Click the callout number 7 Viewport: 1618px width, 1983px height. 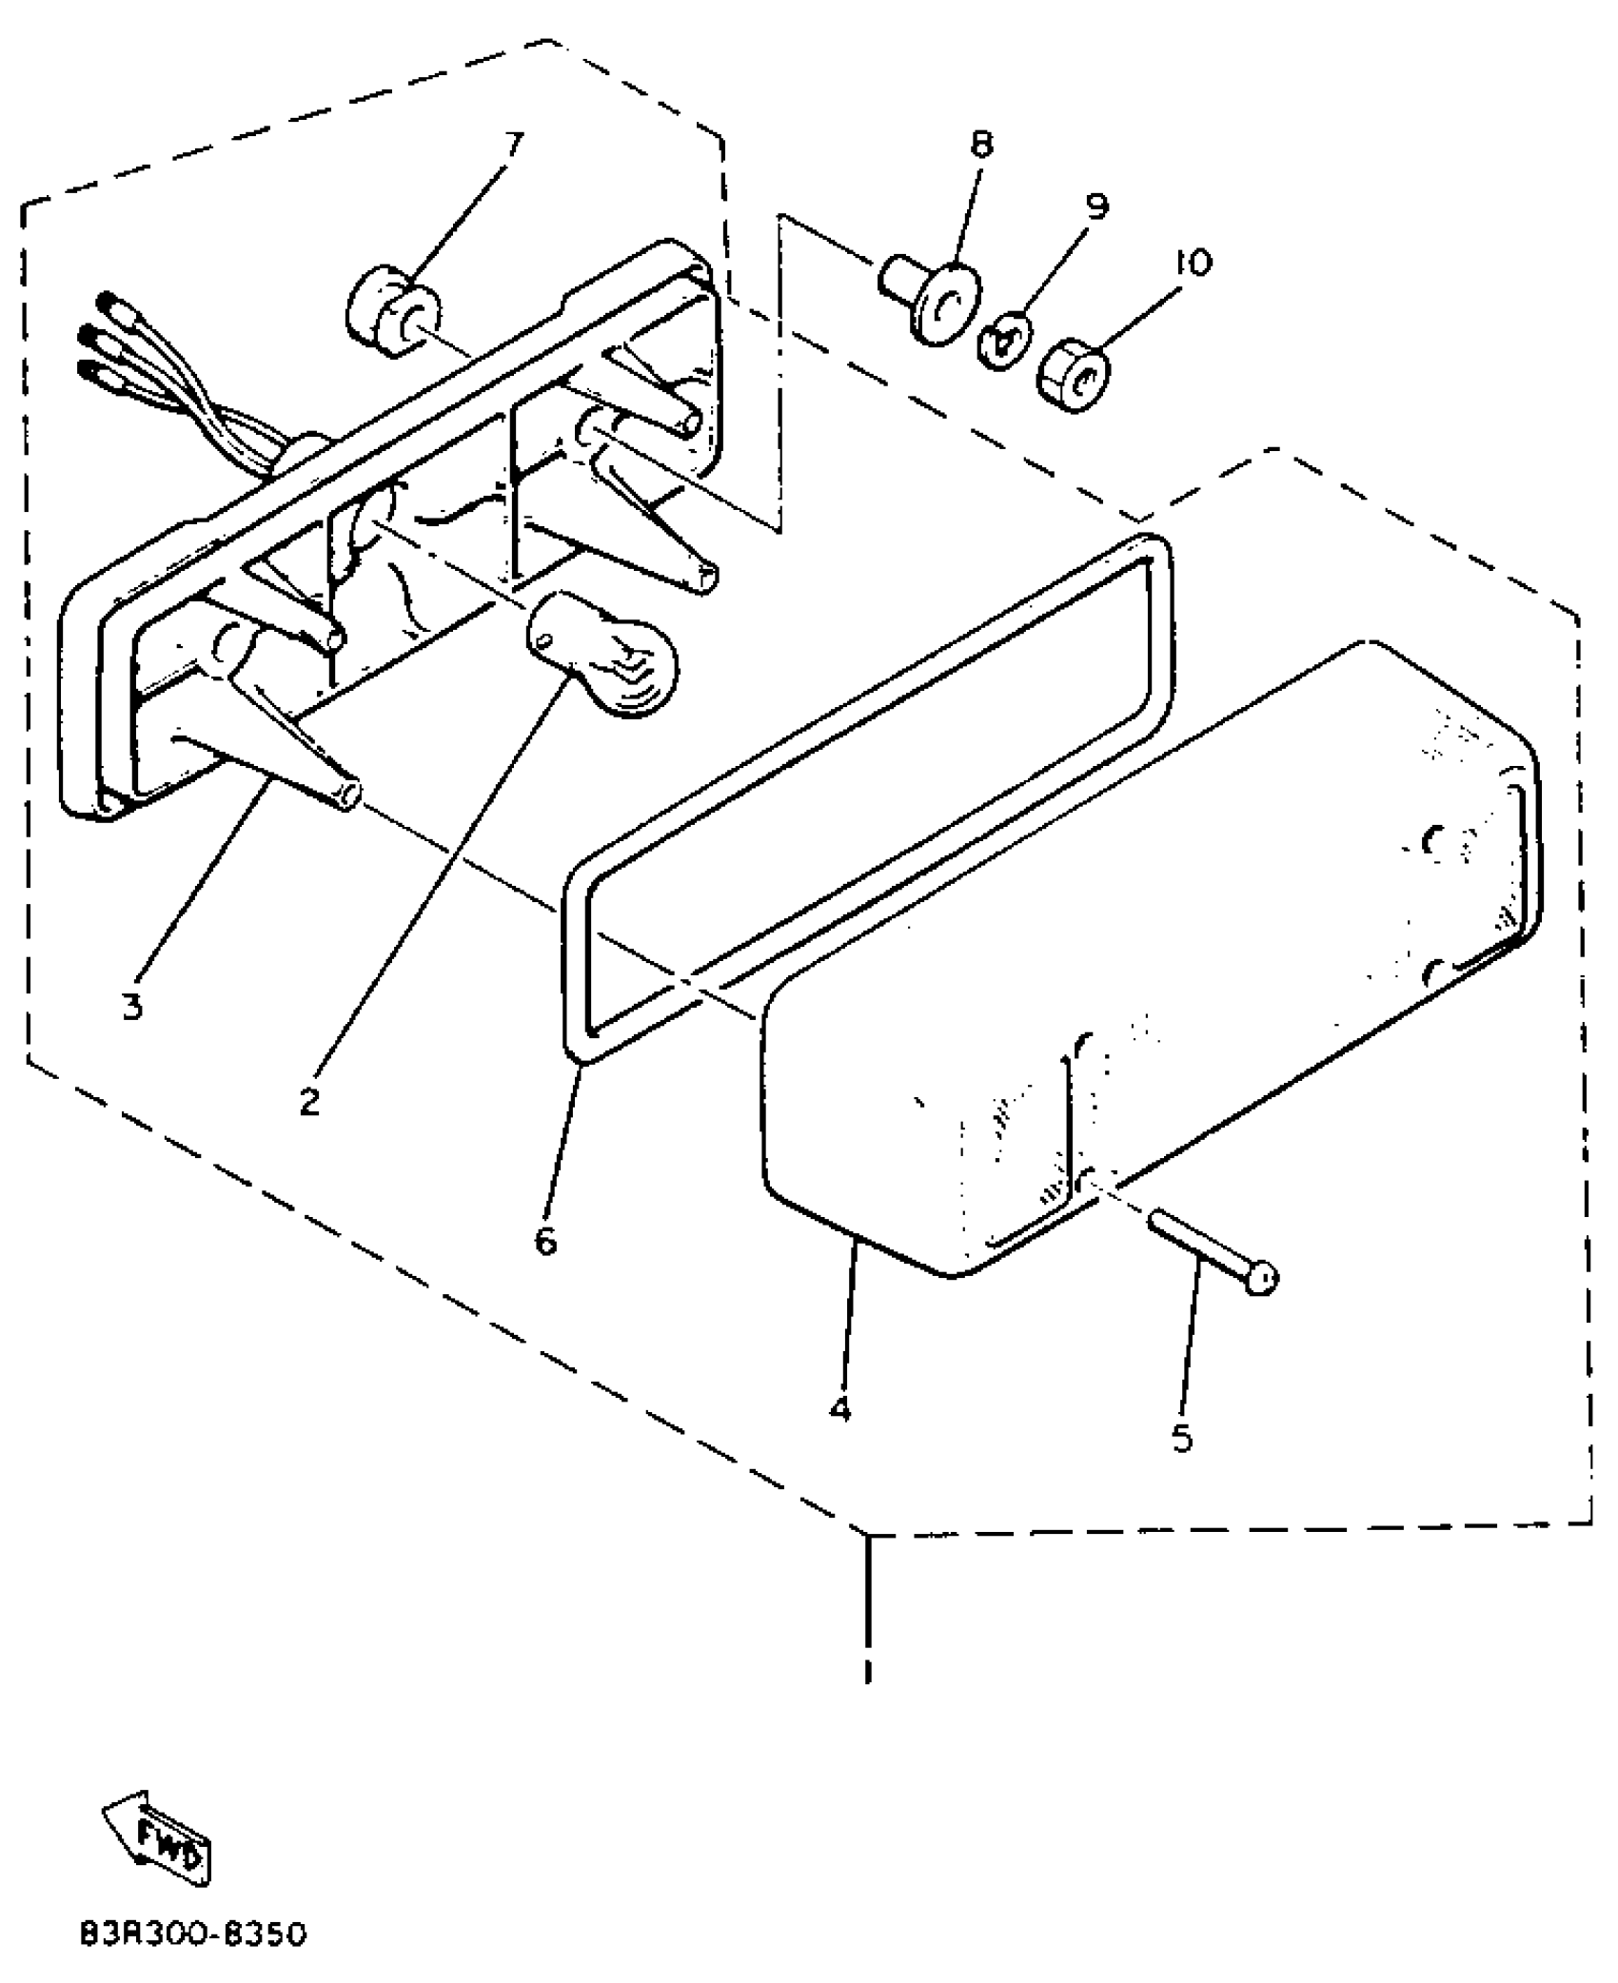click(512, 145)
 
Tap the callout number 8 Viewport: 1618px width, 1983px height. click(981, 145)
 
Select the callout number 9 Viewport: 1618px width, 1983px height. click(1097, 206)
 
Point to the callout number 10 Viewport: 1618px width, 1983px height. click(1193, 262)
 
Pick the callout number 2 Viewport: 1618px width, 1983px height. click(309, 1102)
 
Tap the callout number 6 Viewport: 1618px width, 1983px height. click(545, 1240)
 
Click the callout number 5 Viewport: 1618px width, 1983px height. click(1181, 1438)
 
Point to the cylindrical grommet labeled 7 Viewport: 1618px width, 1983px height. click(392, 312)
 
